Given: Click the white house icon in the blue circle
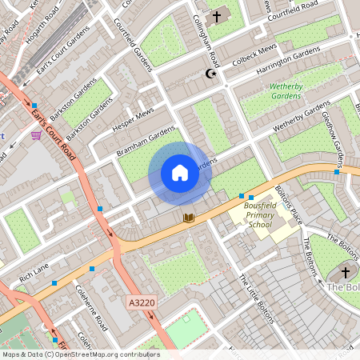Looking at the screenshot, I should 180,173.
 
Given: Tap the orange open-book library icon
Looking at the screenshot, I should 189,217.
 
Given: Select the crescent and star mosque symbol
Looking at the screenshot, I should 212,74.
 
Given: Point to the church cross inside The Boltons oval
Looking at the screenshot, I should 346,272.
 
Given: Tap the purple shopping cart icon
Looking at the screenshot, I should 36,135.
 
